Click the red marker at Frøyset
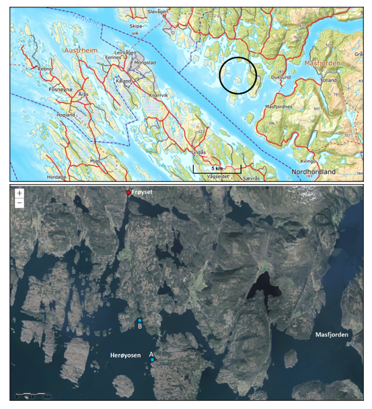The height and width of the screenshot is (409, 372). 128,193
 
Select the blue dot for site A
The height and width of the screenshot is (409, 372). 153,360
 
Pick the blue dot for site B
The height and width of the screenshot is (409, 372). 139,320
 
